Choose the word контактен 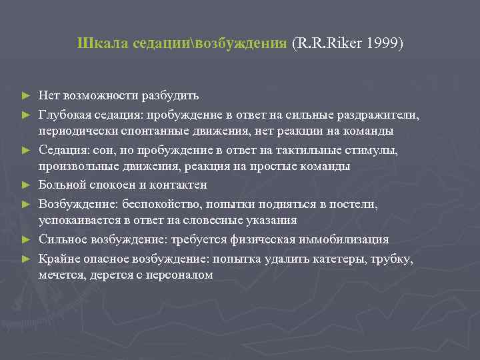181,185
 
